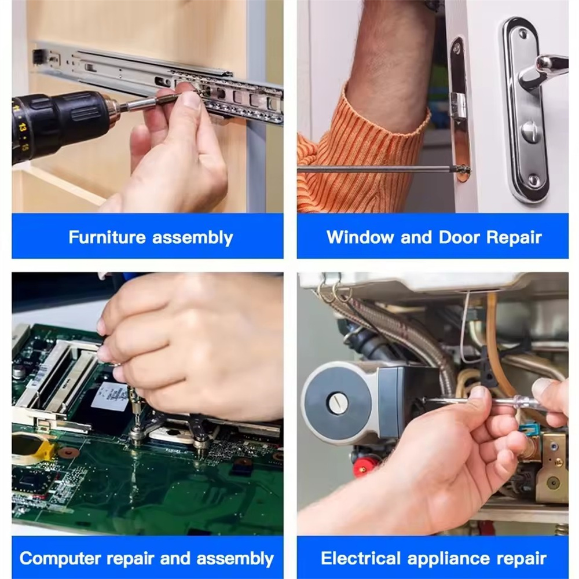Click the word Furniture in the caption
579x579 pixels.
coord(107,237)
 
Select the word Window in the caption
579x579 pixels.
coord(360,237)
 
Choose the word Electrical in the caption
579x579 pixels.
coord(360,558)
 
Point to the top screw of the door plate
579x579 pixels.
coord(523,34)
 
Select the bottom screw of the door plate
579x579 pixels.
coord(533,180)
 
